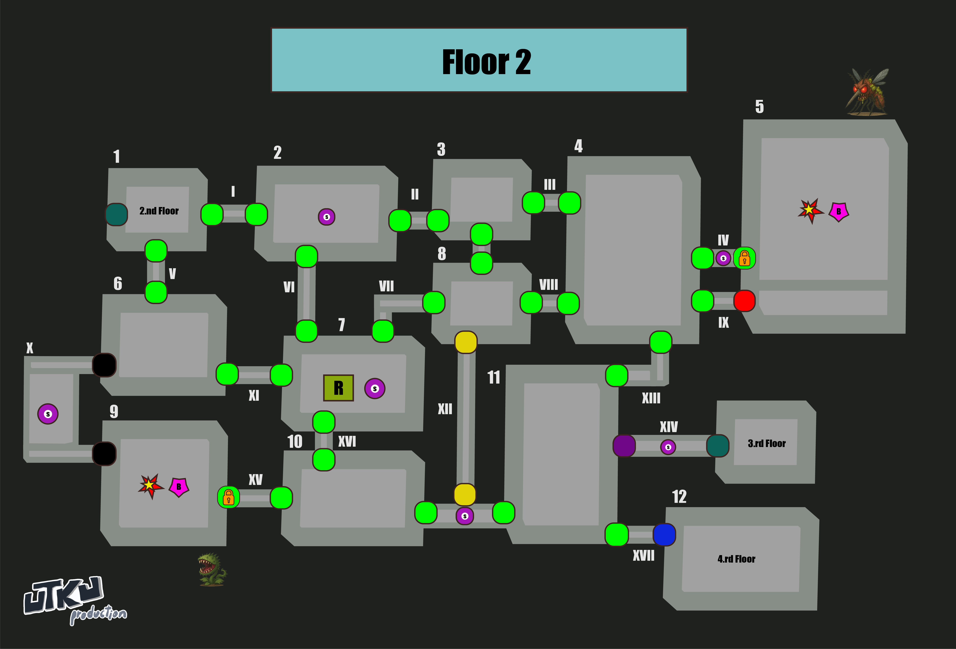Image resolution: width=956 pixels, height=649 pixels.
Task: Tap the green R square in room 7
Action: pyautogui.click(x=338, y=388)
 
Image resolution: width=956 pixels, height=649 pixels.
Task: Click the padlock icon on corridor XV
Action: pyautogui.click(x=228, y=498)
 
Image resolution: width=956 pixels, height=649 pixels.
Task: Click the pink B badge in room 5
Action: pyautogui.click(x=838, y=211)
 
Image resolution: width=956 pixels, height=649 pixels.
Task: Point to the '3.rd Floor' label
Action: pyautogui.click(x=766, y=443)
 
